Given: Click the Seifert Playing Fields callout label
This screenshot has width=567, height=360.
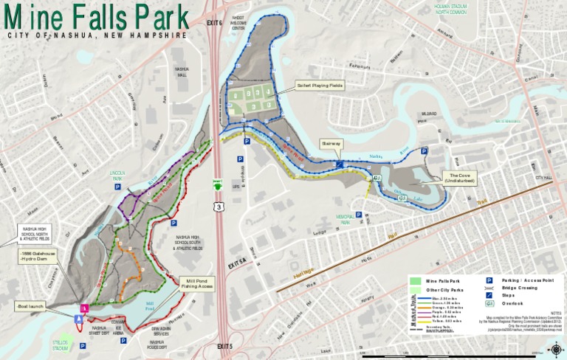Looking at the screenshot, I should coord(320,85).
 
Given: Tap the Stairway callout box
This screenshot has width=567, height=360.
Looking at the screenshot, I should coord(331,143).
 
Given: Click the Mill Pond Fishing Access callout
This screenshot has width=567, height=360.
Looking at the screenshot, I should coord(196,283).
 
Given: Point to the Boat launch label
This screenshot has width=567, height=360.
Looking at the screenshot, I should coord(29,305).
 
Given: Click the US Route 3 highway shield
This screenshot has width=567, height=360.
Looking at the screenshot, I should coord(218,207).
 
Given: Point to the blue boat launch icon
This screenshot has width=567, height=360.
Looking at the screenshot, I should coord(78,318).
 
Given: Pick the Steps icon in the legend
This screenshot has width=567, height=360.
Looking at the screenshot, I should coord(489,295).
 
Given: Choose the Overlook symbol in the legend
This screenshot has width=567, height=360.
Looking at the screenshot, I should coord(489,303).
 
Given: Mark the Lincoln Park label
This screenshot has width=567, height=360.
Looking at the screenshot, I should coord(117,176).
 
